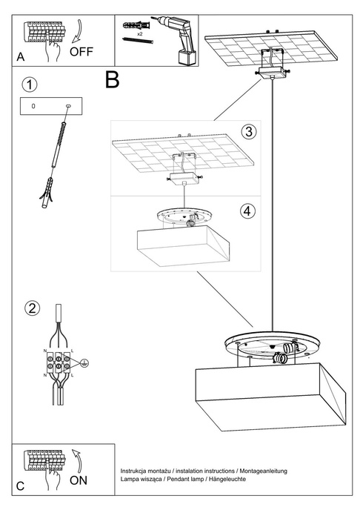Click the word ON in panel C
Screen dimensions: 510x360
[x=79, y=480]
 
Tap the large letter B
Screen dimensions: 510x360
[x=112, y=79]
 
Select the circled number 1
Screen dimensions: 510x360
[x=28, y=84]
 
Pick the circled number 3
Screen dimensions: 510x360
[x=248, y=132]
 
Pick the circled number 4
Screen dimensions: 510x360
[x=248, y=210]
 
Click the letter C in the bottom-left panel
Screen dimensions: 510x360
[x=20, y=486]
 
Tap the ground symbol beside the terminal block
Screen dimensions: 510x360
[x=85, y=362]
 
